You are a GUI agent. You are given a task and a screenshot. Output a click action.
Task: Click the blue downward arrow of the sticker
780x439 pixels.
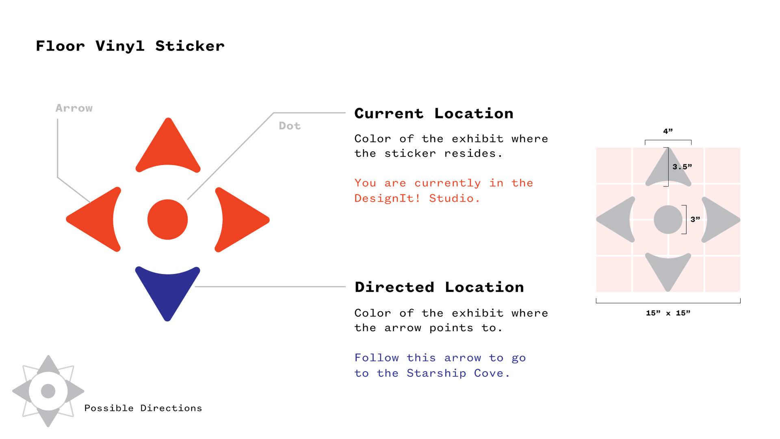[x=168, y=291]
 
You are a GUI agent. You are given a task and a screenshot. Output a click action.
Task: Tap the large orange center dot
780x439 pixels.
[x=167, y=219]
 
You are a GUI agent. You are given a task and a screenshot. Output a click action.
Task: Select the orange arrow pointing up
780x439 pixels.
[x=168, y=148]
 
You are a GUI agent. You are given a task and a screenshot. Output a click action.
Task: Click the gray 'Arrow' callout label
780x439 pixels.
[x=74, y=108]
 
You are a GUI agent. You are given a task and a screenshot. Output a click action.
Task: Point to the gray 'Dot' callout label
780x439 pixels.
[x=290, y=126]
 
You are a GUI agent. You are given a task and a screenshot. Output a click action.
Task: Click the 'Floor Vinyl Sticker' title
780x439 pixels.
[x=130, y=46]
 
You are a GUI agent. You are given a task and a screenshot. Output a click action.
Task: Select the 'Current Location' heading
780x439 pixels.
[x=433, y=113]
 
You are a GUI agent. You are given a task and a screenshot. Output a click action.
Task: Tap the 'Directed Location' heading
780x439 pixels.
[x=439, y=287]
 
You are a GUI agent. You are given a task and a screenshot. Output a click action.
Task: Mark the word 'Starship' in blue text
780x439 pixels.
[x=436, y=373]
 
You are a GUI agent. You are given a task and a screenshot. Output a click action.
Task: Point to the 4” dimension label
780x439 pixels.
[x=668, y=131]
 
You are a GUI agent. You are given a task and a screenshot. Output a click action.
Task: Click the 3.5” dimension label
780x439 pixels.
[x=682, y=167]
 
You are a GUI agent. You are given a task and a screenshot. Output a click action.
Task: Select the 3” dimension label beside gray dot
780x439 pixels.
[x=695, y=219]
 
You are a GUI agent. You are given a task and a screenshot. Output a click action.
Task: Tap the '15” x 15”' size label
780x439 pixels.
[x=668, y=313]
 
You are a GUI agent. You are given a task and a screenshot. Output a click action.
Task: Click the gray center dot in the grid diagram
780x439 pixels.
[x=668, y=219]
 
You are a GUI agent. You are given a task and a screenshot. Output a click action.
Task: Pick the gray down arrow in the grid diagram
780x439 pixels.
[x=668, y=270]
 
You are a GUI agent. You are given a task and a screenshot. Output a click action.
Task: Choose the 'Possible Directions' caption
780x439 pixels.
[x=143, y=408]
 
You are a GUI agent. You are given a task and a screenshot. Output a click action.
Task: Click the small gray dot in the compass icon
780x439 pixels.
[x=48, y=391]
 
